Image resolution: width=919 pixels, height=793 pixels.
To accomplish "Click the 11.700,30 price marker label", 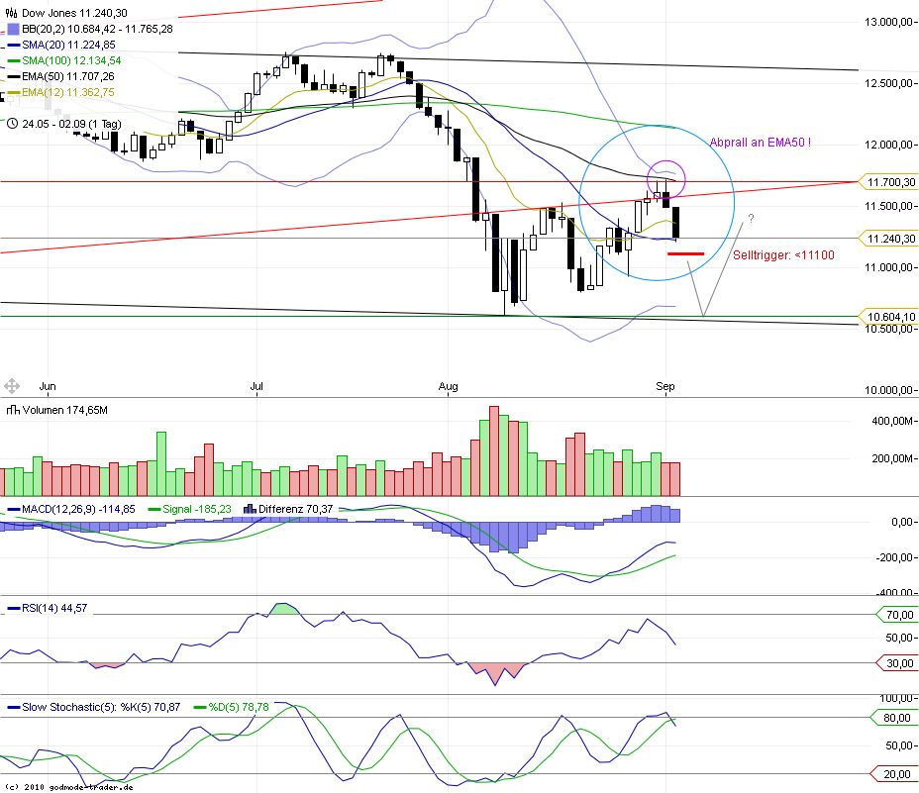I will pyautogui.click(x=887, y=182).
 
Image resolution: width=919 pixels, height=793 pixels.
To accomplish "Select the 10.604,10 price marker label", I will pyautogui.click(x=887, y=317).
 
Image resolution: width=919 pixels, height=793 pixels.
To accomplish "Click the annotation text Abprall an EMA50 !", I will pyautogui.click(x=760, y=143).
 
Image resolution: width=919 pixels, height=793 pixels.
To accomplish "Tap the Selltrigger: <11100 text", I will pyautogui.click(x=783, y=255).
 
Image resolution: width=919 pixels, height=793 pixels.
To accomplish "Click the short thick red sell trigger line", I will pyautogui.click(x=685, y=254).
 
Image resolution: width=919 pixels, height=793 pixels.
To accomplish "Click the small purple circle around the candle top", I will pyautogui.click(x=665, y=178).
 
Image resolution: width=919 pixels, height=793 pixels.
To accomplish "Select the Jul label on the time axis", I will pyautogui.click(x=256, y=386).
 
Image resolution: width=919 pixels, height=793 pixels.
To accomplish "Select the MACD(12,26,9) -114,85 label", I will pyautogui.click(x=69, y=509).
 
